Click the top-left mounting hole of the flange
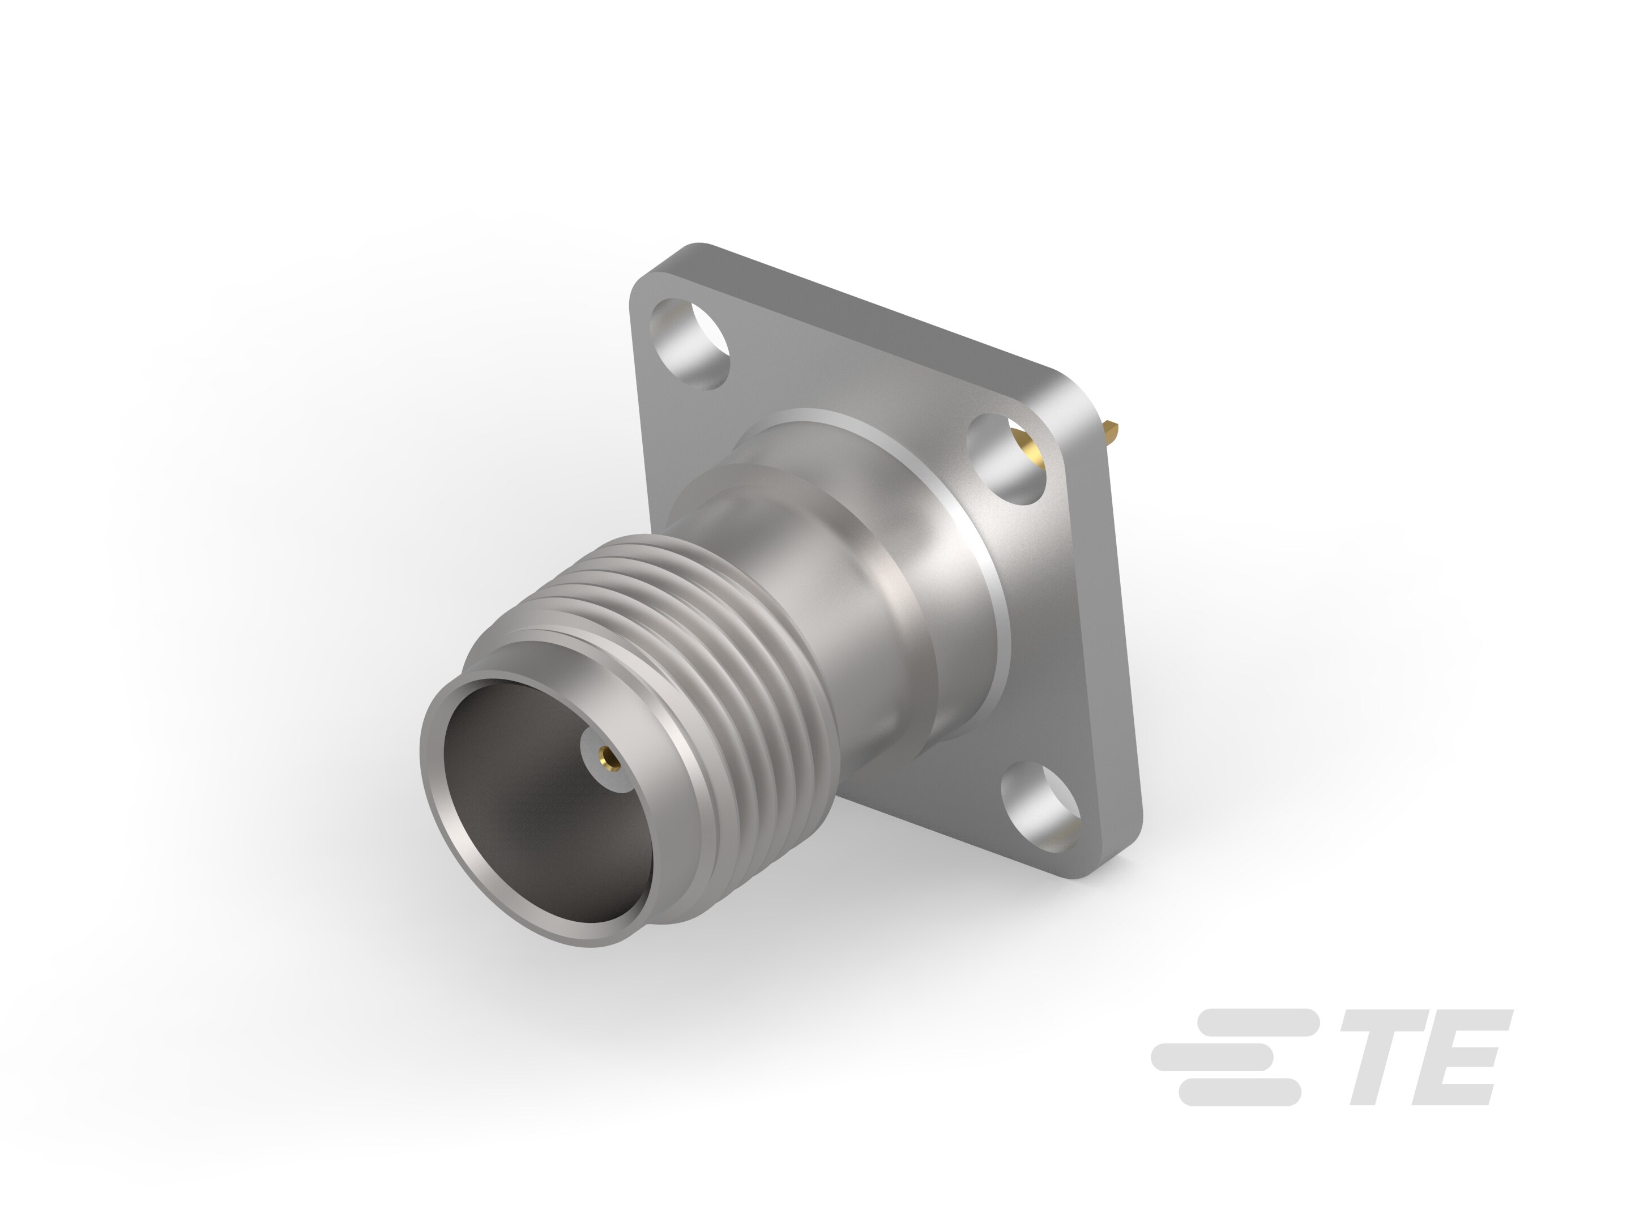click(691, 344)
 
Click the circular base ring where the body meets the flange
click(988, 590)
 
